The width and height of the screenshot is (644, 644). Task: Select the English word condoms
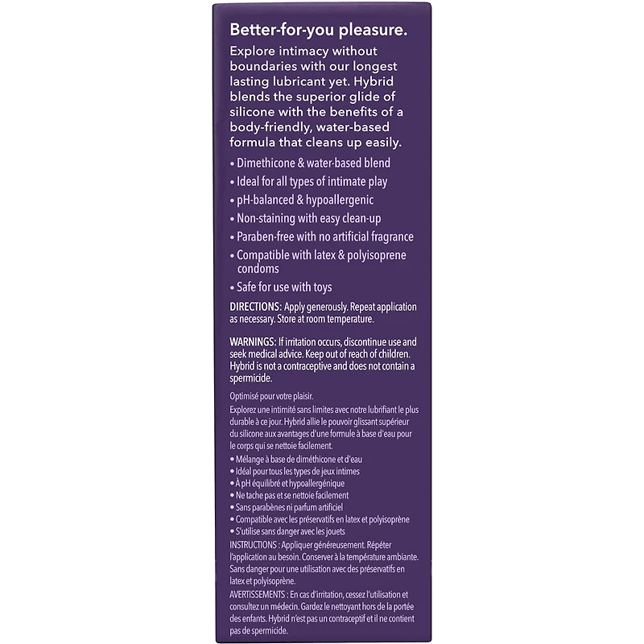[x=258, y=269]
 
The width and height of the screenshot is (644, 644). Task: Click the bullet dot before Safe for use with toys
[x=232, y=288]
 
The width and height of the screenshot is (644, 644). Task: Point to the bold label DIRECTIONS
[x=255, y=308]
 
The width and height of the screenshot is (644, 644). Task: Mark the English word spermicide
[x=252, y=378]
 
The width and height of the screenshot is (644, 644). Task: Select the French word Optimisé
[x=246, y=397]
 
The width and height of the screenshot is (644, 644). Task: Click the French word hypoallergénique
[x=326, y=483]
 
